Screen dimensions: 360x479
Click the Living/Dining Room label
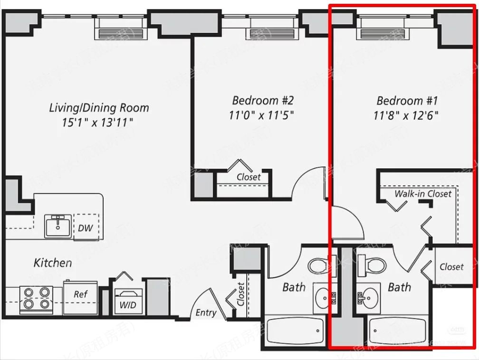99,107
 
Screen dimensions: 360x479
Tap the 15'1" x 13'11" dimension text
97,123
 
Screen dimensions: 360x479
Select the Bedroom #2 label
263,100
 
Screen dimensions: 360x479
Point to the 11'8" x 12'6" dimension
407,115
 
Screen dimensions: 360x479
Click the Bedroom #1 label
407,100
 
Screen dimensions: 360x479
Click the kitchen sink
58,226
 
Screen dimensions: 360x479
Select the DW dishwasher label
86,228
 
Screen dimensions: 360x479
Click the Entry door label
206,313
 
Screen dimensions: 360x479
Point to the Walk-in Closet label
422,194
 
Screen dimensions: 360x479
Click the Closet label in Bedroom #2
249,177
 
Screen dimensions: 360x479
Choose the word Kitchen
53,263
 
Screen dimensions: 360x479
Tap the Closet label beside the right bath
451,267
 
